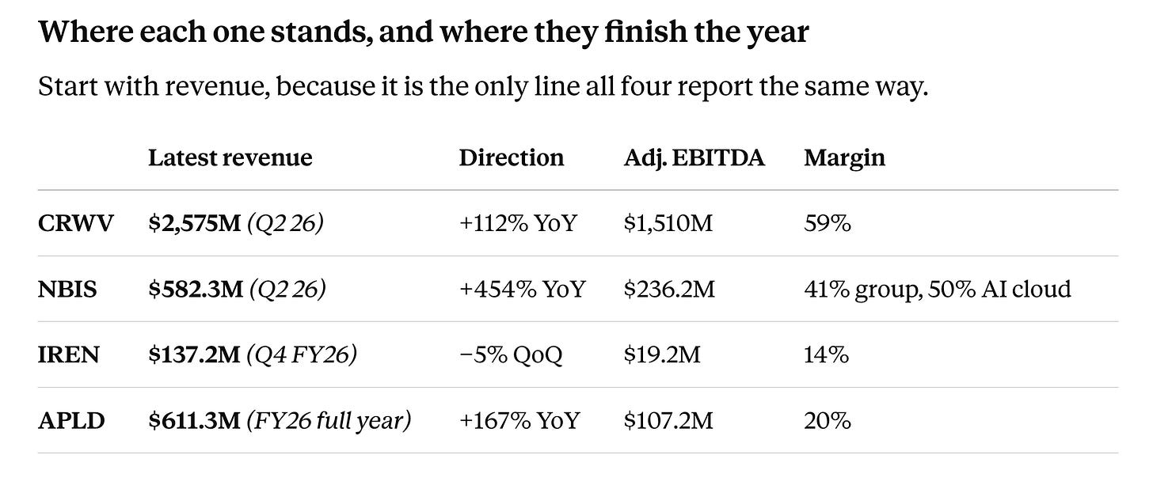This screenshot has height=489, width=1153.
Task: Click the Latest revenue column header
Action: click(x=230, y=157)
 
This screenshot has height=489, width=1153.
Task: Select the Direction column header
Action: click(x=511, y=157)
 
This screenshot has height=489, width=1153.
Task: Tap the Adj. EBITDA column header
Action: click(x=694, y=158)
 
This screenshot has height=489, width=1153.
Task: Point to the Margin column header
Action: click(x=845, y=158)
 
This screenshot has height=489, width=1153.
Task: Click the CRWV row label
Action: click(x=76, y=223)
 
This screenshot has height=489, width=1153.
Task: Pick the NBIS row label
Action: click(x=67, y=289)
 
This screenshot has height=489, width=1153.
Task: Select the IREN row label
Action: click(x=68, y=354)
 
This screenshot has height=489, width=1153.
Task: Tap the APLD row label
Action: click(x=71, y=421)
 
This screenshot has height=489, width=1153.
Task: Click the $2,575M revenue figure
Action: click(x=195, y=223)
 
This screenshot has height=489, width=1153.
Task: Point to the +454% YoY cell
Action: click(x=523, y=289)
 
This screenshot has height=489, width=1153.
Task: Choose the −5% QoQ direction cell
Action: click(x=511, y=354)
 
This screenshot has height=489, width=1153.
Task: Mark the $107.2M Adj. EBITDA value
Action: click(x=668, y=421)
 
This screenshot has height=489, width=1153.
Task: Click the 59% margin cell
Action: click(x=828, y=223)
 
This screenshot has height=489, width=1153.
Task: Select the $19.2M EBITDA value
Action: click(x=663, y=354)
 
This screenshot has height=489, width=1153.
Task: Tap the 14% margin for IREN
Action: click(x=827, y=354)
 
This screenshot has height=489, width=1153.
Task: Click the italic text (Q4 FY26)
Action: click(x=302, y=354)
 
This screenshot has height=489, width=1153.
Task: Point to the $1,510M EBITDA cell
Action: click(x=668, y=223)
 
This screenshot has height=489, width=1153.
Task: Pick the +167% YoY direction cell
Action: click(x=519, y=421)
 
